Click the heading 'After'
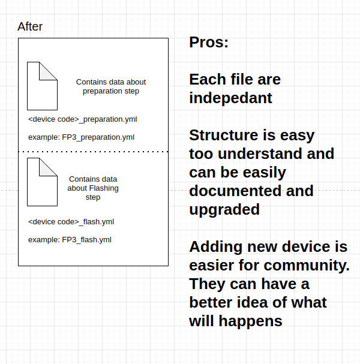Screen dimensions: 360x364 30,26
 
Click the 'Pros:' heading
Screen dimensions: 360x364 209,42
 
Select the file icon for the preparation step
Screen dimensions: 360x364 42,86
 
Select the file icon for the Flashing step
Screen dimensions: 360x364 42,182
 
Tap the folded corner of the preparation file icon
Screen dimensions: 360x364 48,71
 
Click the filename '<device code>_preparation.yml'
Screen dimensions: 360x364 83,119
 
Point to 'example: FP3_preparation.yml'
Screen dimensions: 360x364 81,137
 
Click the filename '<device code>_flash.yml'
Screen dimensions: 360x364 71,222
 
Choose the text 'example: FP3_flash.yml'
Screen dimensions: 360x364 70,240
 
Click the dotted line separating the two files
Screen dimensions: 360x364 94,152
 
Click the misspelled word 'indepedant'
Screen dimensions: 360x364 230,98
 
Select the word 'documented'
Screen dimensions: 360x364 236,191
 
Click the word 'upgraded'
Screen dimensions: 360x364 224,210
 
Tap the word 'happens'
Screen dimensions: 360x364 250,321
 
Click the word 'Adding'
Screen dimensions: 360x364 216,247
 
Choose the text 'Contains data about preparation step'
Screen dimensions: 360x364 111,86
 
